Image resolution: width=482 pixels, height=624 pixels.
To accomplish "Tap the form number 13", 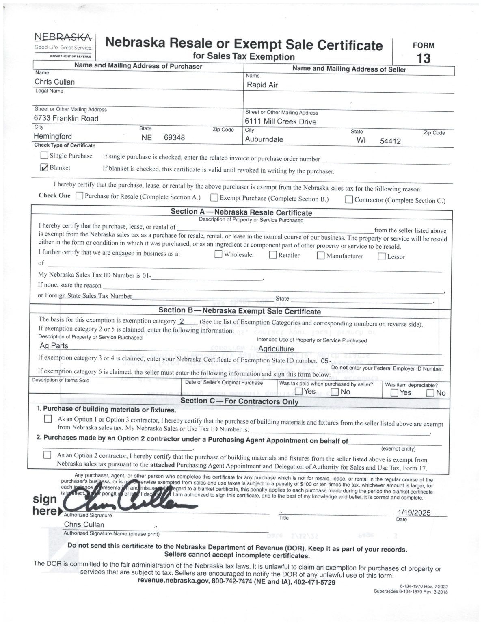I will tap(424, 58).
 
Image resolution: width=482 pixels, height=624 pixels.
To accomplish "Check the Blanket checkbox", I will tap(45, 168).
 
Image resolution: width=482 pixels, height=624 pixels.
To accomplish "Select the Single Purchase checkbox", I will tap(44, 155).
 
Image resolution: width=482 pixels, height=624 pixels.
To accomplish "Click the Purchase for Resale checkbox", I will tap(80, 196).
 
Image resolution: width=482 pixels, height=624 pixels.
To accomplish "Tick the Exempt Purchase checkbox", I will tap(214, 198).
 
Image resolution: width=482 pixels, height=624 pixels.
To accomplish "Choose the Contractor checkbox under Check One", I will tap(349, 199).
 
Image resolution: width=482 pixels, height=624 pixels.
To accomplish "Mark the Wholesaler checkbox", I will tap(218, 254).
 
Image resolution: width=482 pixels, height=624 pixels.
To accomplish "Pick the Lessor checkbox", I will tap(382, 256).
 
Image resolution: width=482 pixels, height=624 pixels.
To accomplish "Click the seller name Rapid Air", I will tap(262, 85).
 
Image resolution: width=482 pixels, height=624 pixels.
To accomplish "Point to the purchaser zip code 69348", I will tap(174, 138).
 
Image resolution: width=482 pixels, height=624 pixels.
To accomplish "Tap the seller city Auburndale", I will tap(264, 139).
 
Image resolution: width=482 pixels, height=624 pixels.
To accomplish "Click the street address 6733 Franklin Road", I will tap(66, 119).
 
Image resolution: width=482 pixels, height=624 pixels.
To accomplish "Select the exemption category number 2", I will tap(182, 321).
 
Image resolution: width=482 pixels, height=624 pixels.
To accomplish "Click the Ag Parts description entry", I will tap(54, 346).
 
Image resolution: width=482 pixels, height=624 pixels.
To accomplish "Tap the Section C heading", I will tap(239, 401).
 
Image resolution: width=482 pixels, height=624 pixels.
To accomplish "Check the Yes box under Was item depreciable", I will tap(394, 392).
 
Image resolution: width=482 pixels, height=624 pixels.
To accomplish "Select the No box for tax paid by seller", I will tap(335, 392).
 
